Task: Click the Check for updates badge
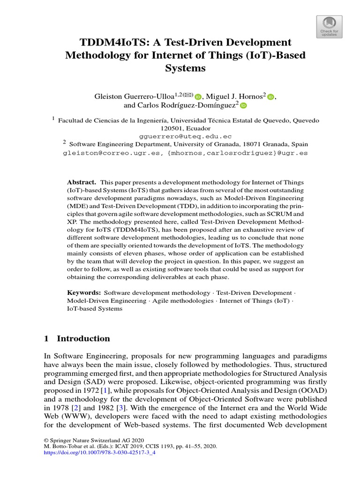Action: [329, 27]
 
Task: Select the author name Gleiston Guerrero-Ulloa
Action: [135, 97]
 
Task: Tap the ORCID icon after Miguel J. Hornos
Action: [270, 97]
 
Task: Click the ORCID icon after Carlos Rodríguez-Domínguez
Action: [243, 106]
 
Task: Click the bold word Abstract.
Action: [82, 182]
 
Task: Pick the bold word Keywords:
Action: [84, 292]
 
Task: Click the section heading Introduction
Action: [83, 338]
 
